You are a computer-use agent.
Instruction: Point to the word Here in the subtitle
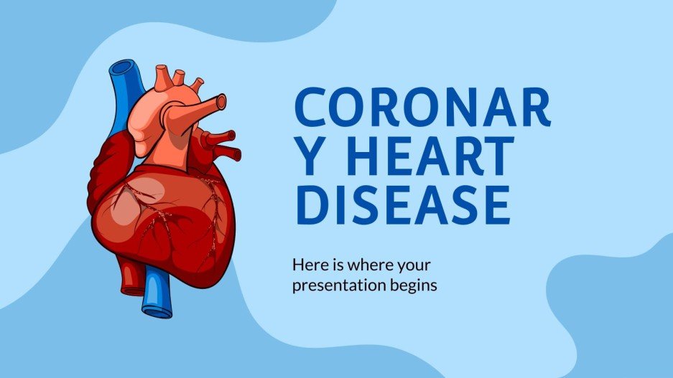point(309,265)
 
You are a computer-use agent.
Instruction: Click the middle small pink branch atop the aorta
point(179,75)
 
